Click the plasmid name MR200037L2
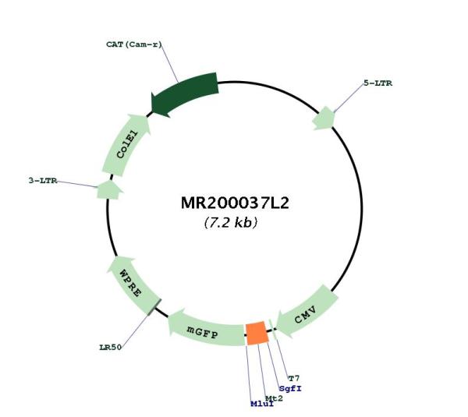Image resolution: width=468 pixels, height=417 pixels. click(x=235, y=203)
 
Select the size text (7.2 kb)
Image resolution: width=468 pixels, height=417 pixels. click(x=230, y=222)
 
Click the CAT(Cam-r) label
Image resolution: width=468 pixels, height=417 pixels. click(x=134, y=44)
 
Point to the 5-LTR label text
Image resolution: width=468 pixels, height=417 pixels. click(x=378, y=83)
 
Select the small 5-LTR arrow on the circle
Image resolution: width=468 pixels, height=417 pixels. click(x=324, y=118)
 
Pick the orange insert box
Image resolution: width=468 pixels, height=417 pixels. click(x=257, y=333)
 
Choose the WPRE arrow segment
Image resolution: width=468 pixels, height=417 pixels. click(x=133, y=284)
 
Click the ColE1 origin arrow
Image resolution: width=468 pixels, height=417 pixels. click(x=126, y=144)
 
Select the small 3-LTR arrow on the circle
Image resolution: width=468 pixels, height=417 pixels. click(x=109, y=189)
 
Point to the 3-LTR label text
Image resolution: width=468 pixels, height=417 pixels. click(x=43, y=181)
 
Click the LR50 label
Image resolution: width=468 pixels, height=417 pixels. click(x=111, y=347)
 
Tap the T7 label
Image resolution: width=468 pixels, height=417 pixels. click(x=294, y=379)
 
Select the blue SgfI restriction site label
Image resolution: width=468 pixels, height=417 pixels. click(x=290, y=389)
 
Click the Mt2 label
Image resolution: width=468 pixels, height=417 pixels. click(x=274, y=398)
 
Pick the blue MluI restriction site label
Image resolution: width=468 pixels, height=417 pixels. click(x=262, y=404)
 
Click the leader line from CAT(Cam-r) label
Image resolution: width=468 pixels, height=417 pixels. click(x=169, y=63)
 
